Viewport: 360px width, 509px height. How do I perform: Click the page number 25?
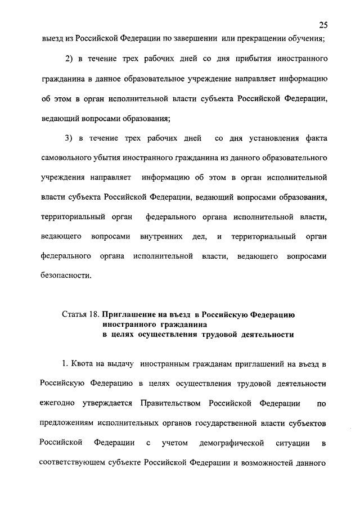pos(323,25)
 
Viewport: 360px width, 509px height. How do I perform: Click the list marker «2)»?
pos(71,58)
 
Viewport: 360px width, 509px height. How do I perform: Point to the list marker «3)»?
pos(71,138)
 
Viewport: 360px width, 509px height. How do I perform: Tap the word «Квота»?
pos(85,364)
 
